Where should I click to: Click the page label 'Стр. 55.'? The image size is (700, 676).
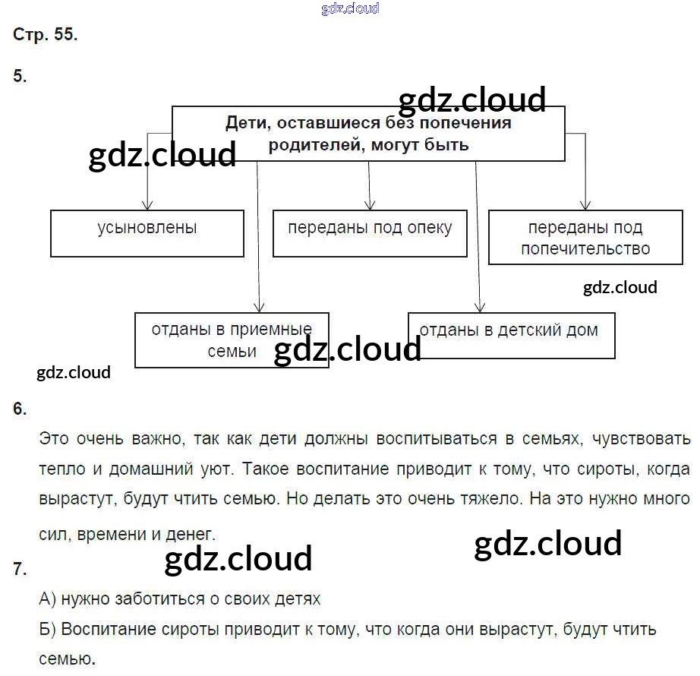[45, 35]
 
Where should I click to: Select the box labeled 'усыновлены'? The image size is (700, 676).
[147, 234]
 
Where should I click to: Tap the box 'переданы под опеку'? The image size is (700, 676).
[369, 234]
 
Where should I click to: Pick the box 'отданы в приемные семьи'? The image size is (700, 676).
[232, 340]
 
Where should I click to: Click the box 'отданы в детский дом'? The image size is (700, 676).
[511, 335]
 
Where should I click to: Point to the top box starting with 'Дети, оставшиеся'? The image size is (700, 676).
[368, 134]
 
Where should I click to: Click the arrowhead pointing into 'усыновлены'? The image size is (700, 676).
[148, 205]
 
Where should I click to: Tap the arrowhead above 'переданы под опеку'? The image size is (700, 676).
[370, 205]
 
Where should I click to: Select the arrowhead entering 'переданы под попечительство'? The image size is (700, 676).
[585, 205]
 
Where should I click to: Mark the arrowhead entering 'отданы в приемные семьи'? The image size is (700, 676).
[259, 307]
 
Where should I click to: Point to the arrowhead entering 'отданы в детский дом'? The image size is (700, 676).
[480, 307]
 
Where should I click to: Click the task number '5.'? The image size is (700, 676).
[20, 76]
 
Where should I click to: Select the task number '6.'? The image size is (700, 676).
[20, 409]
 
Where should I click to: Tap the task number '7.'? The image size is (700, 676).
[20, 570]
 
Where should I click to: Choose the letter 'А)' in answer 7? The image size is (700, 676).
[48, 599]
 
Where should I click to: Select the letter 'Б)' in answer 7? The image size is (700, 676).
[48, 630]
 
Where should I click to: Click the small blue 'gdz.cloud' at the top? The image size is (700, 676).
[350, 9]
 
